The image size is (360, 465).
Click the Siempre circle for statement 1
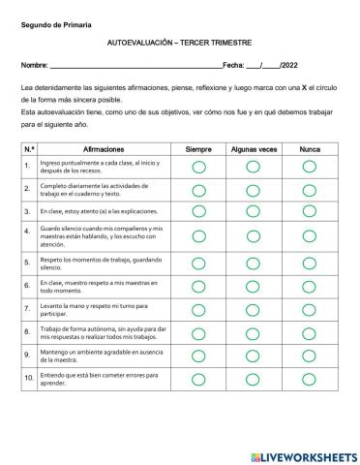tap(199, 167)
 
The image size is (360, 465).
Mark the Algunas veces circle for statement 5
tap(254, 262)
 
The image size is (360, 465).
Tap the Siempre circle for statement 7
tap(199, 308)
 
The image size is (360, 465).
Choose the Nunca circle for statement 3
tap(310, 210)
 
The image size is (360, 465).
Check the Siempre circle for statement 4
tap(199, 233)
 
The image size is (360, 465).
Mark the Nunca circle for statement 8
tap(310, 332)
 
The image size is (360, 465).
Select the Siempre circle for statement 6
tap(199, 285)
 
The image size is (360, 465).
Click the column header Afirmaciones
tap(104, 149)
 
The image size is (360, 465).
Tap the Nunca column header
tap(310, 149)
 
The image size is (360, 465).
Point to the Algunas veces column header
tap(254, 149)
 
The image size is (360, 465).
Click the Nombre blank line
tap(135, 66)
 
